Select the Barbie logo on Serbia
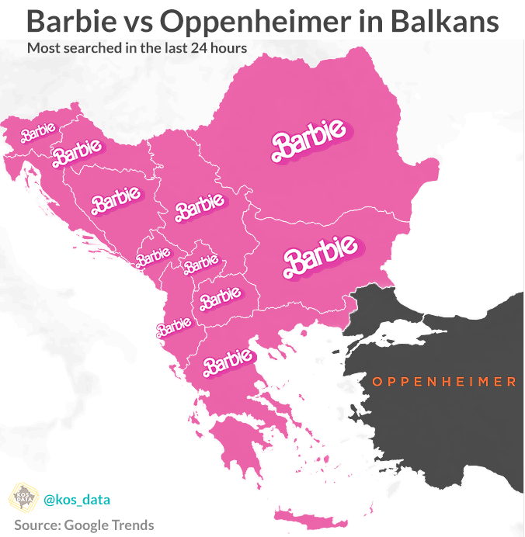coord(200,206)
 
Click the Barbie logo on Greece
coord(228,360)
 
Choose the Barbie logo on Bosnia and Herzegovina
coord(116,201)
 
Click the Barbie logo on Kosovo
coord(200,264)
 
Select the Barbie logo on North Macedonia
coord(221,296)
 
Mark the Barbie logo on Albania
coord(174,326)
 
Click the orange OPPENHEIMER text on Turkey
coord(443,382)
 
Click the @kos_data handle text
coord(77,497)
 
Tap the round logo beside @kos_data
coord(23,497)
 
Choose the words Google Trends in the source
coord(114,525)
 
